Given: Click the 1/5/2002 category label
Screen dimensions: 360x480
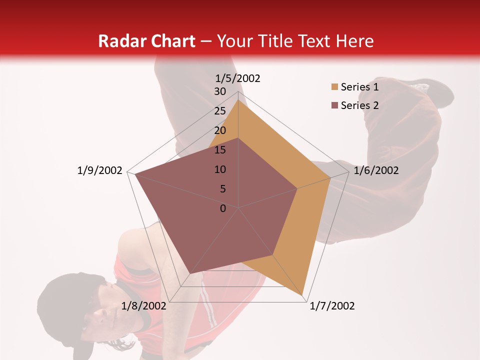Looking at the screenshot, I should pyautogui.click(x=238, y=78).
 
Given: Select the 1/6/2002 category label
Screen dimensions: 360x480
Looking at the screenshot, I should pyautogui.click(x=376, y=170).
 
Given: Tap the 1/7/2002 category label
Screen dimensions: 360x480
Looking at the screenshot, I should pyautogui.click(x=332, y=306).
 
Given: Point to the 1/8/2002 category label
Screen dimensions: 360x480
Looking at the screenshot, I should pyautogui.click(x=144, y=306).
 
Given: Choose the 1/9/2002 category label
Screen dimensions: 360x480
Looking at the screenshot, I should pyautogui.click(x=100, y=170).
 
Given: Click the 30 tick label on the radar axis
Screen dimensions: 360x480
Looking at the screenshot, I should pyautogui.click(x=220, y=91).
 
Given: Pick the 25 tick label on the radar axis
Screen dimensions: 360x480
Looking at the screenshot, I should pyautogui.click(x=220, y=111).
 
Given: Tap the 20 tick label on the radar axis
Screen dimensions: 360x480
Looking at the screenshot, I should pyautogui.click(x=220, y=130).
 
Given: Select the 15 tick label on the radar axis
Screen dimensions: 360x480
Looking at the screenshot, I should pyautogui.click(x=220, y=150).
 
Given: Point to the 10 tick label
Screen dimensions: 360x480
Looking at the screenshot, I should pyautogui.click(x=220, y=169).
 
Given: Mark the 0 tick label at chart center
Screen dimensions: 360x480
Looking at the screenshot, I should pyautogui.click(x=223, y=208).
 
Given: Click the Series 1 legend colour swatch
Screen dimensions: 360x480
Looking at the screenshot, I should pyautogui.click(x=334, y=87).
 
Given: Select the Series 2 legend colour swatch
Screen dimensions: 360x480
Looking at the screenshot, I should pyautogui.click(x=334, y=105).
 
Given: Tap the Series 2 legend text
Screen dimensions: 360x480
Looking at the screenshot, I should pyautogui.click(x=359, y=105).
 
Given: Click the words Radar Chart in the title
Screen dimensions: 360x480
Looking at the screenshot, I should pyautogui.click(x=146, y=41).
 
